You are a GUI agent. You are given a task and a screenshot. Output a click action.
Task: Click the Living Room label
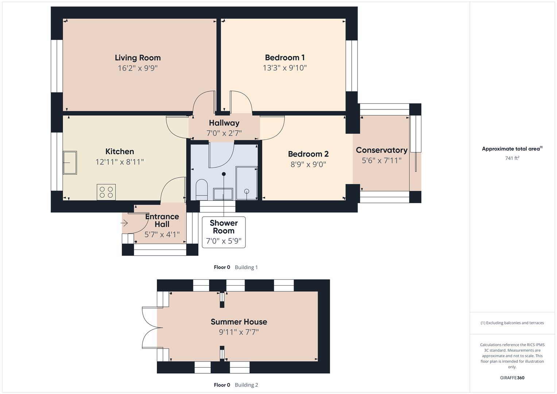(x=138, y=58)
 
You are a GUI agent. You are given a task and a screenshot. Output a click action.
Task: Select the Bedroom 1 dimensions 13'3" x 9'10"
(x=285, y=68)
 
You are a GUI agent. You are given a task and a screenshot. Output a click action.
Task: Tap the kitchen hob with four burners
(x=106, y=192)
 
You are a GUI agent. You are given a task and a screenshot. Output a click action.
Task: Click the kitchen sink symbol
(x=70, y=163)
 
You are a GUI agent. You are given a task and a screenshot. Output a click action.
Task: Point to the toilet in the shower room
(x=201, y=189)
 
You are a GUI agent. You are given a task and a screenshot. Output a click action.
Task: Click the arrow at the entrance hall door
(x=124, y=223)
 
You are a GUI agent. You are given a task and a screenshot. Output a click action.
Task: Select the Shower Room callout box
(x=224, y=232)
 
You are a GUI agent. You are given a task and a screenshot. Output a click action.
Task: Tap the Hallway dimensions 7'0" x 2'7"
(x=224, y=133)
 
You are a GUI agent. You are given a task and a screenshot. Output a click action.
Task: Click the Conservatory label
(x=382, y=150)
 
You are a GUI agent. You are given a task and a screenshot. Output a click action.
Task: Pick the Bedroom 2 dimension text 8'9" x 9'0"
(x=308, y=164)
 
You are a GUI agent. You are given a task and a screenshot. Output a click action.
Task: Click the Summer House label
(x=239, y=322)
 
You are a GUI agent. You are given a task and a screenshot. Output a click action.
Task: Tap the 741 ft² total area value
(x=512, y=158)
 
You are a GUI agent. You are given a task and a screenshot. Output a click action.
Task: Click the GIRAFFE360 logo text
(x=512, y=378)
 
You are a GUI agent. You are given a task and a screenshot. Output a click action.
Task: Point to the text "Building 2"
(x=246, y=385)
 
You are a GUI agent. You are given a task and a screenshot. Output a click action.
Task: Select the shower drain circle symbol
(x=247, y=191)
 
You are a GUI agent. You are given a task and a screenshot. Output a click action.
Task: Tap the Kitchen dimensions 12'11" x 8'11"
(x=120, y=162)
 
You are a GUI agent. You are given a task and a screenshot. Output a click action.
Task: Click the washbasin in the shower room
(x=223, y=194)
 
